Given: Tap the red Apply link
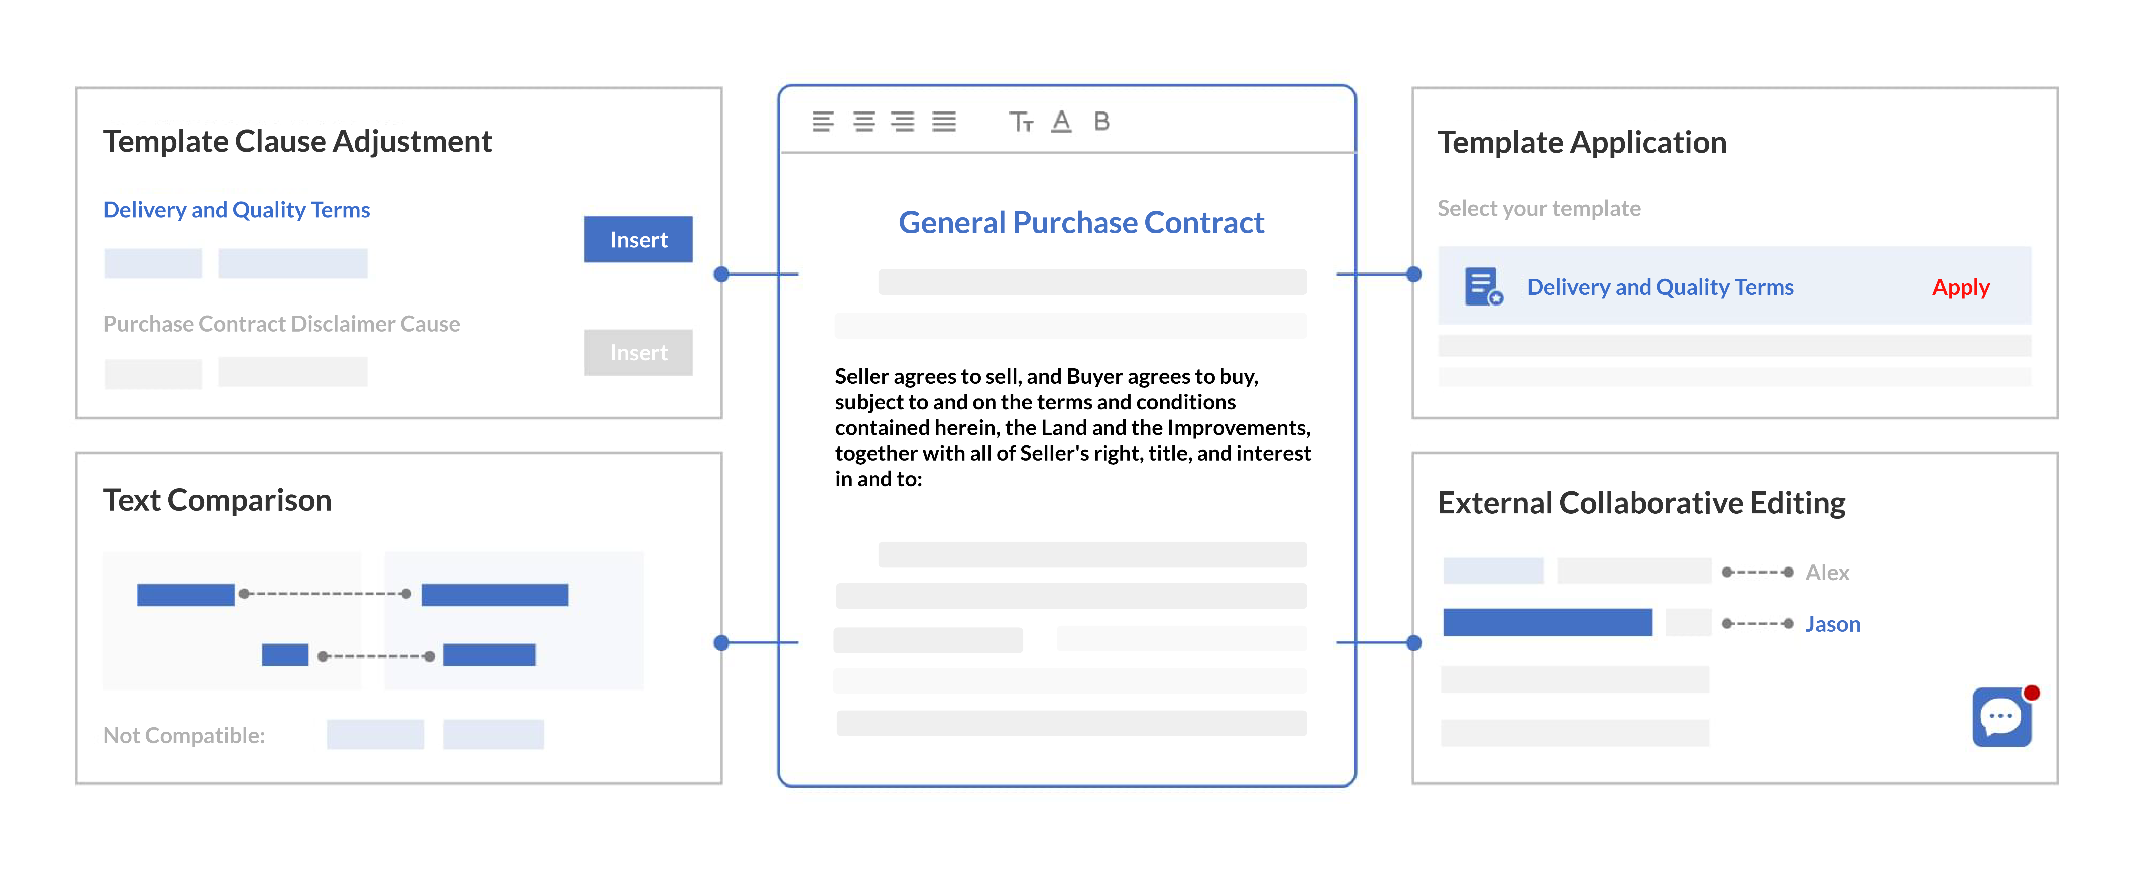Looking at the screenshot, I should pos(1960,287).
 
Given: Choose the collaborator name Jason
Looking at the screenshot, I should pos(1833,624).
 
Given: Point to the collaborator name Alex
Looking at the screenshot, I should pos(1827,572).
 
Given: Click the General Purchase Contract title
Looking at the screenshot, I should pos(1081,222).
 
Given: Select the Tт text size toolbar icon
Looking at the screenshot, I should pos(1021,122).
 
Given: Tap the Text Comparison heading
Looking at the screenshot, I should pos(217,500).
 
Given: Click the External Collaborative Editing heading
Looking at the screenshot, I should pos(1641,503).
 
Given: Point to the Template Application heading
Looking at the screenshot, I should pos(1581,143).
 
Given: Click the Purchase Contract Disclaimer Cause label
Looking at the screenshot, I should pos(281,324).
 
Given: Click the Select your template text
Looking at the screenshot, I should pos(1538,208).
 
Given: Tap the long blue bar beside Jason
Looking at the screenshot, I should pos(1547,622).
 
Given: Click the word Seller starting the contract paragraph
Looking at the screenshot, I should pos(862,377).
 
